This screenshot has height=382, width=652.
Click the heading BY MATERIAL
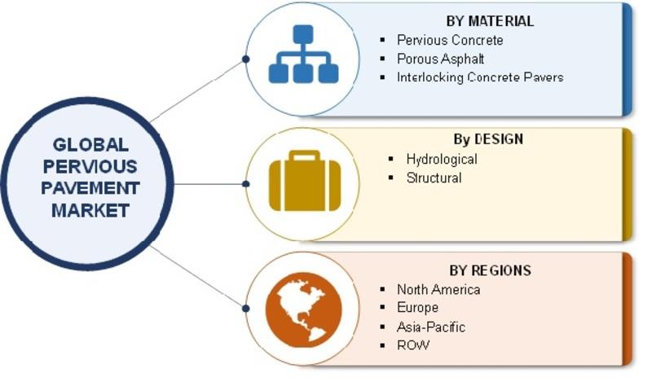click(x=490, y=21)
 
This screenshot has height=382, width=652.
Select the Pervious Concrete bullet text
click(x=450, y=40)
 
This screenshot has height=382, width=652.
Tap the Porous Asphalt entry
click(x=440, y=59)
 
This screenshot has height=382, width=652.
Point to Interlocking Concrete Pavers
click(x=480, y=77)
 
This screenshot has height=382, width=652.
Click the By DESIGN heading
click(x=488, y=138)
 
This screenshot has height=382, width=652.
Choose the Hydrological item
click(x=442, y=159)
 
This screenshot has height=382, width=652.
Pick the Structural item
click(x=434, y=178)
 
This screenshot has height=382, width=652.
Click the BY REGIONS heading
click(x=490, y=270)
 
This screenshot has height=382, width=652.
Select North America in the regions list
click(x=438, y=289)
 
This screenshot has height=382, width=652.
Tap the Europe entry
click(x=417, y=308)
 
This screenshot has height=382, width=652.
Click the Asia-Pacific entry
click(x=431, y=327)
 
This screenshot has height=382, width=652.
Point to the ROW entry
click(x=413, y=345)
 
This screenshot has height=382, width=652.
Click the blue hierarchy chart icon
click(x=303, y=54)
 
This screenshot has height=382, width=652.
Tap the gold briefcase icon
click(x=305, y=181)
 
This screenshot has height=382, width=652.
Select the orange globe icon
click(x=303, y=310)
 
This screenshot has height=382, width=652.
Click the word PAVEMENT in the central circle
click(x=90, y=188)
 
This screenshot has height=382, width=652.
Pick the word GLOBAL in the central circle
click(x=90, y=145)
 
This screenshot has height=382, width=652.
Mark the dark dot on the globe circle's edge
click(x=246, y=309)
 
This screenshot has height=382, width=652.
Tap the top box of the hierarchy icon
click(x=303, y=34)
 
